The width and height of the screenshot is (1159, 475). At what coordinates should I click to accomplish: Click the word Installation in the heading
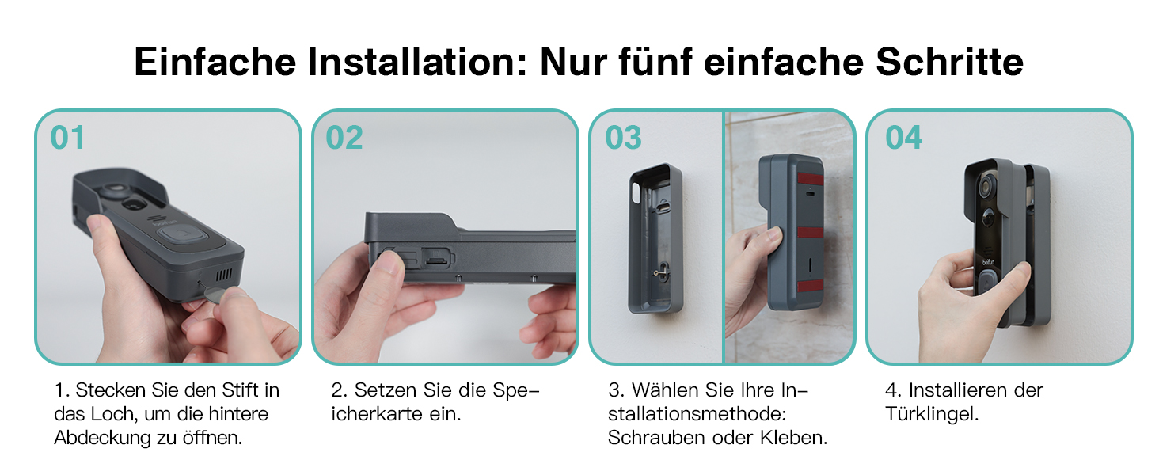[x=417, y=62]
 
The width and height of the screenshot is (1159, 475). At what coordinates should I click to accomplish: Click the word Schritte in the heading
[x=949, y=62]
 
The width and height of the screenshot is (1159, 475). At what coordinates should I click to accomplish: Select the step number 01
[x=67, y=139]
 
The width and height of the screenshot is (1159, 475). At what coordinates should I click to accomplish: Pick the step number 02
[x=344, y=139]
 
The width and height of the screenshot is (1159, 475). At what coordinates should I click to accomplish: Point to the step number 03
[x=624, y=139]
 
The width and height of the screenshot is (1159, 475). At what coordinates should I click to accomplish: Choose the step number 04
[x=903, y=139]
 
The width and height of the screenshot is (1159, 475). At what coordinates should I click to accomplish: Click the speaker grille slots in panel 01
[x=223, y=274]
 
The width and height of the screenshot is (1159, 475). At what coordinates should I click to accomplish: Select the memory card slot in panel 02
[x=438, y=257]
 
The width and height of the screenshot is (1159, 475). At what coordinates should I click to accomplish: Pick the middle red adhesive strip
[x=810, y=232]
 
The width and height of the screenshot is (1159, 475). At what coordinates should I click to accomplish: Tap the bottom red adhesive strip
[x=810, y=286]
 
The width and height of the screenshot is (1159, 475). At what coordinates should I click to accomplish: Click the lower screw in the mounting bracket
[x=659, y=271]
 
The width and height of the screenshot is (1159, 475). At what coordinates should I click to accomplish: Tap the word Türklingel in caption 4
[x=932, y=414]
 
